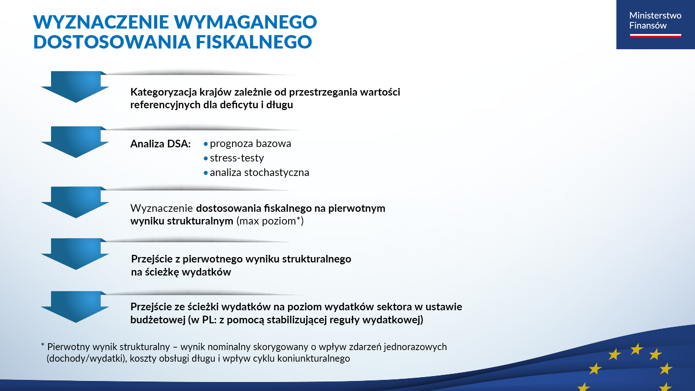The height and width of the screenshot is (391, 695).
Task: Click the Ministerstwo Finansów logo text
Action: (655, 20)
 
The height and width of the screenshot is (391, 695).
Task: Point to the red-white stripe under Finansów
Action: (655, 35)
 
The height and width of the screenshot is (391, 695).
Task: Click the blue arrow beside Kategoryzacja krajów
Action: (75, 87)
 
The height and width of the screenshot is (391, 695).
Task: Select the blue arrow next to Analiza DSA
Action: (75, 142)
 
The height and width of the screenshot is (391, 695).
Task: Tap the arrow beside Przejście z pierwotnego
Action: (75, 254)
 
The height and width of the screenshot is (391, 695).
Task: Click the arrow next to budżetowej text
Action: (75, 307)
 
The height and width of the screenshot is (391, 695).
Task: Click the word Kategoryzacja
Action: (163, 92)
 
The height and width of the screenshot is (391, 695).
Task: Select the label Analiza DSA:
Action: (160, 144)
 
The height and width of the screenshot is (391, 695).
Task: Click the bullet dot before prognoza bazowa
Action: (206, 144)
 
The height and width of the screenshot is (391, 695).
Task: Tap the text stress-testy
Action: (237, 158)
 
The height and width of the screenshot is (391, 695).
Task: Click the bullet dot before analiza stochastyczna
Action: (206, 173)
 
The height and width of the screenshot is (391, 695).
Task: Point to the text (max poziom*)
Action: (270, 221)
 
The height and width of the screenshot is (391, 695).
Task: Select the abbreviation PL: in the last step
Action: (209, 320)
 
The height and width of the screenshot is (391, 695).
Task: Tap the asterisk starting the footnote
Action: (43, 345)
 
